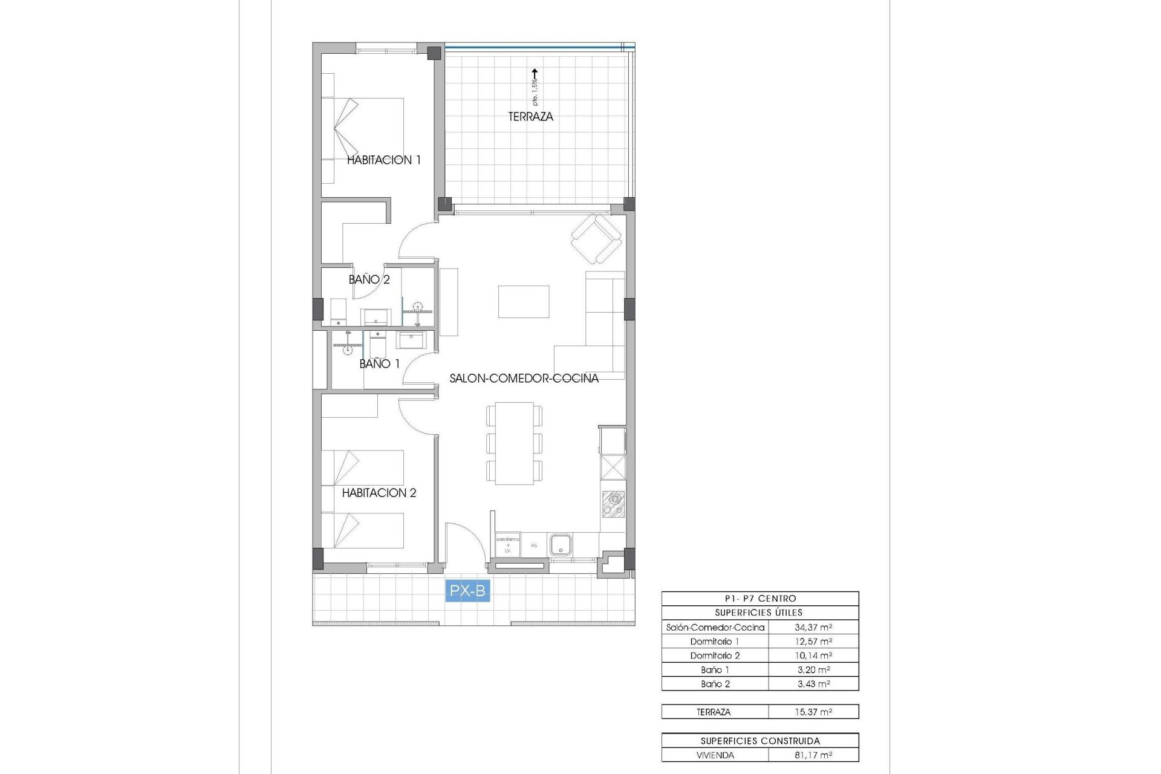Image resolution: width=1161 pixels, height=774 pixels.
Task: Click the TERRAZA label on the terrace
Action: click(x=530, y=117)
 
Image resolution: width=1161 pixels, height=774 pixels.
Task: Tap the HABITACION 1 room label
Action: click(x=383, y=160)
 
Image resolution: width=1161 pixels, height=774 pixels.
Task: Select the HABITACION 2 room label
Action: click(x=379, y=493)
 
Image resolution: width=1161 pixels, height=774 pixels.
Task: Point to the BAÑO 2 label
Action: click(x=369, y=279)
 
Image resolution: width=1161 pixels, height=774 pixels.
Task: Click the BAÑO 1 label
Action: click(x=379, y=363)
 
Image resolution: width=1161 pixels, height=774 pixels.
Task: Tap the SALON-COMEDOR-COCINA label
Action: click(x=524, y=379)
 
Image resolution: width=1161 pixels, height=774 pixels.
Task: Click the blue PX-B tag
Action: click(x=467, y=590)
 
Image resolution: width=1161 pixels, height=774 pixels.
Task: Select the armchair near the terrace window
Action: click(x=596, y=239)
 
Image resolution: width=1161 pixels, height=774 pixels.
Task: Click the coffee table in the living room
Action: click(x=524, y=302)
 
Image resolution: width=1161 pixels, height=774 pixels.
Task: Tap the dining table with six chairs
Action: click(x=514, y=443)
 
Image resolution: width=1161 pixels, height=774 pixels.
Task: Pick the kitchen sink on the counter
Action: click(x=561, y=544)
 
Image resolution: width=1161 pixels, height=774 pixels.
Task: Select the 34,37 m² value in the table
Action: click(x=813, y=627)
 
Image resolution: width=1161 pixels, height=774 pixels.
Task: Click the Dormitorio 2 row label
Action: click(x=715, y=655)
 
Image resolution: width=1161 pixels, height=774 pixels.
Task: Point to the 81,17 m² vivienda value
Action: click(x=813, y=755)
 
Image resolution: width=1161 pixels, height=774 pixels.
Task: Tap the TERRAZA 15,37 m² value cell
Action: click(x=813, y=712)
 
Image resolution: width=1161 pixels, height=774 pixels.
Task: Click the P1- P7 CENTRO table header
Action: click(x=760, y=599)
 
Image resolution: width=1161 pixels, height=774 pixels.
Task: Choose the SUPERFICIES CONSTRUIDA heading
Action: click(x=760, y=741)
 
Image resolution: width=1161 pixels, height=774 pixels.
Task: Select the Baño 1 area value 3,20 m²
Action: click(x=813, y=669)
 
